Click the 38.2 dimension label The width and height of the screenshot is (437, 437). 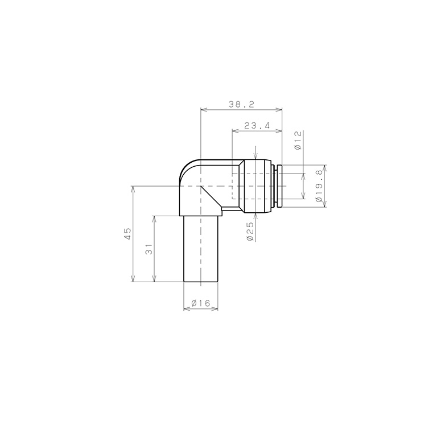242,105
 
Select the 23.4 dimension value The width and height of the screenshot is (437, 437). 257,126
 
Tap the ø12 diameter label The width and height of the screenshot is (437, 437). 298,140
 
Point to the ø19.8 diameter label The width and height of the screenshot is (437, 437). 319,186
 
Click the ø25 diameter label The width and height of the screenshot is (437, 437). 250,232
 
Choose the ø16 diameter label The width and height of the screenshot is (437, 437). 201,303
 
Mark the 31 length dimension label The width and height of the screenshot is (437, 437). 149,249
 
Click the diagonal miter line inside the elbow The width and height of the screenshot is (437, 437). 211,196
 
